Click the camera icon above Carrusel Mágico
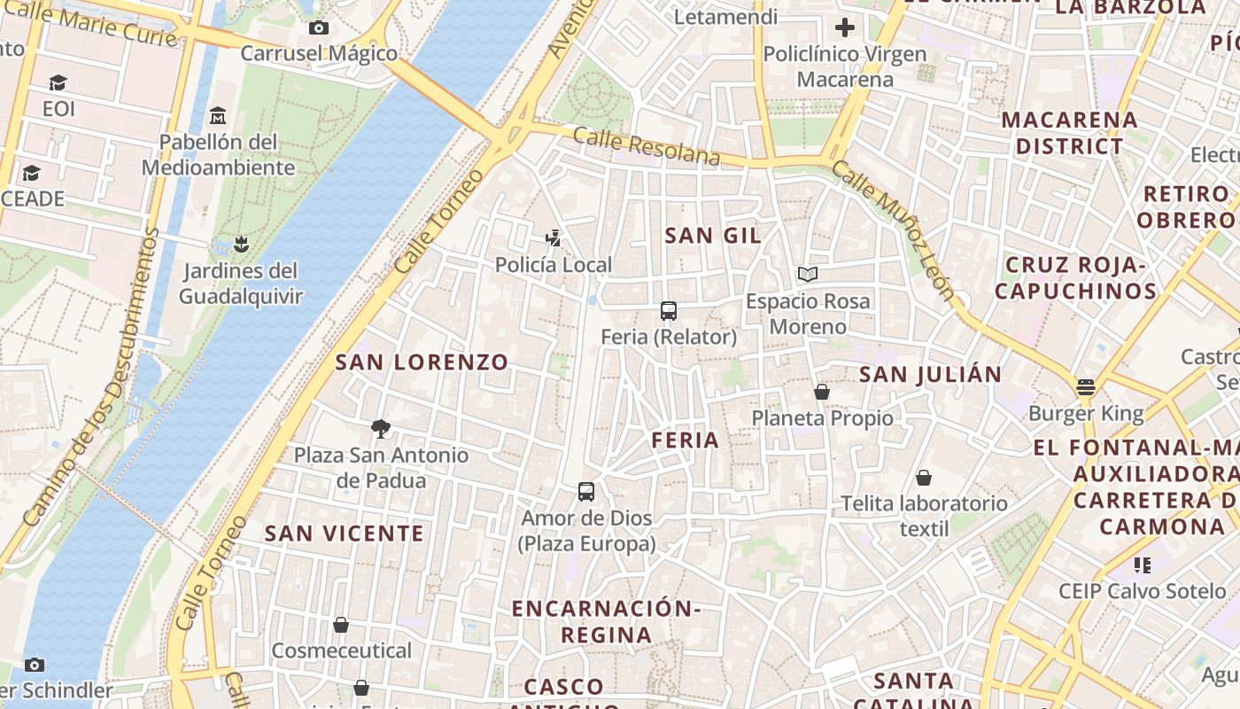point(319,27)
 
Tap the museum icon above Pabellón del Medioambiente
point(218,116)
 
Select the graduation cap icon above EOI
point(58,83)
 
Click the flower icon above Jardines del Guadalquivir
point(240,244)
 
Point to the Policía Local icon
point(554,238)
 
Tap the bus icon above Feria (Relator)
point(669,311)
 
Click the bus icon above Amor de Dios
point(585,492)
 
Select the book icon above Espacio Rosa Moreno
point(807,275)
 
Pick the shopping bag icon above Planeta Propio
point(822,392)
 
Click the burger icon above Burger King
point(1086,386)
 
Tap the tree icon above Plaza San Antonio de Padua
point(381,429)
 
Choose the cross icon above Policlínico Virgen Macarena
point(845,27)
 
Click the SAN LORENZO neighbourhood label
point(422,362)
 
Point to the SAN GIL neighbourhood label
point(712,235)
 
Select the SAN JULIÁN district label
point(930,374)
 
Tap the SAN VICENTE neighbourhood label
point(344,534)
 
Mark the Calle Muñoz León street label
point(895,232)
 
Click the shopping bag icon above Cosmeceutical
point(341,626)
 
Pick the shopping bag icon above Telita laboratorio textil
point(924,478)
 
